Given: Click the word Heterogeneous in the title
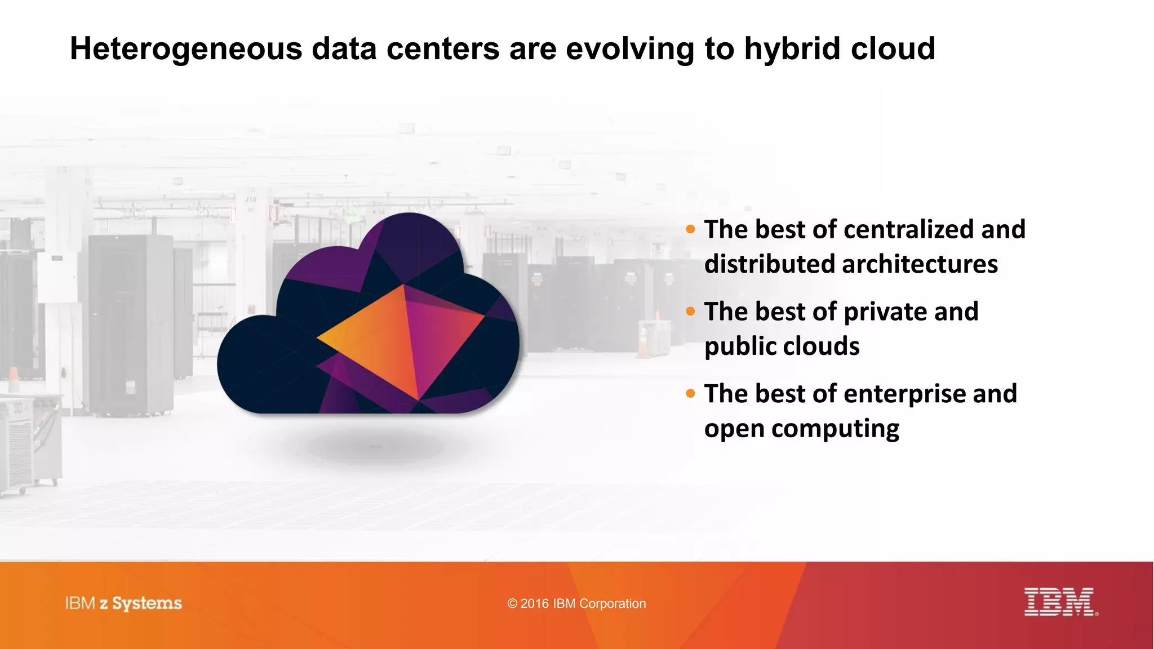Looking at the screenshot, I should click(186, 50).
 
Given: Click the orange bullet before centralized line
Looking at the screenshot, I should click(691, 229).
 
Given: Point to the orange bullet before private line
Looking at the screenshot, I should click(691, 312).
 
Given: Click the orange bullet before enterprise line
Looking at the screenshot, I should click(691, 394).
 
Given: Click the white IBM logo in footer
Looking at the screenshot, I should click(1059, 602).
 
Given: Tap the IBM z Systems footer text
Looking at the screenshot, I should click(123, 603).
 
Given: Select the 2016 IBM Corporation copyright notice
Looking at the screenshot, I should click(576, 604).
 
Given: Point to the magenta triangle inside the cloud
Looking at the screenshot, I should click(440, 338).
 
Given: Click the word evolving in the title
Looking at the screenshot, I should click(629, 50).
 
